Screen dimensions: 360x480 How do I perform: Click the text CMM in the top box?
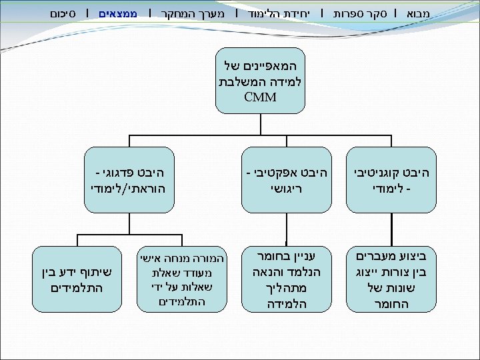[x=261, y=98]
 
